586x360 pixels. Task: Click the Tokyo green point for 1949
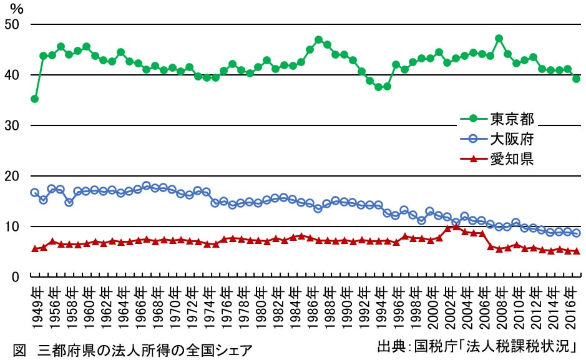[34, 99]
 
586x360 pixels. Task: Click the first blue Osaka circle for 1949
[34, 192]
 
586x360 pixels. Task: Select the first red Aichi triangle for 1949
[34, 248]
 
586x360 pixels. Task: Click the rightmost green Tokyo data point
[576, 79]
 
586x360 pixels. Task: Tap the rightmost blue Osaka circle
[576, 233]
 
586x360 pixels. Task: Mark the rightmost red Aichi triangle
[576, 251]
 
